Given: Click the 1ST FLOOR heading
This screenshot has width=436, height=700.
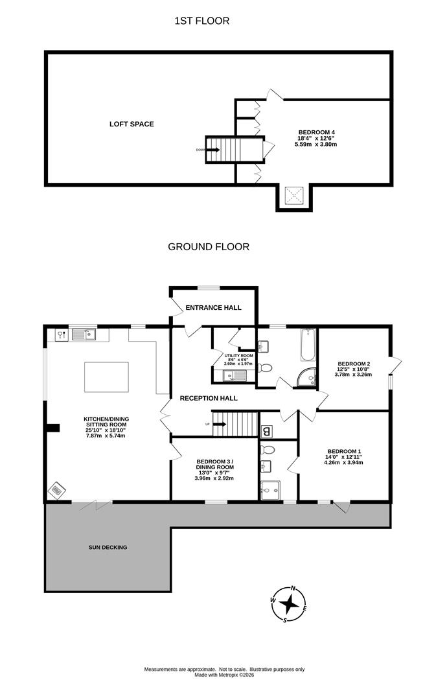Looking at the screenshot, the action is tap(201, 21).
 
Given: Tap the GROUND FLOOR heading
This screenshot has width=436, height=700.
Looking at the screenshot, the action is tap(209, 246).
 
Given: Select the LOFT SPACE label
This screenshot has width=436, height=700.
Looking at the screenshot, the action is tap(132, 124).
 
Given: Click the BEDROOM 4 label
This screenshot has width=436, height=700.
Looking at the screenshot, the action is tap(316, 132).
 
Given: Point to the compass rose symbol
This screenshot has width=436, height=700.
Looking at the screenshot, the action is tap(289, 604).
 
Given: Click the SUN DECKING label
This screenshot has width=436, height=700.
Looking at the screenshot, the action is tap(108, 547).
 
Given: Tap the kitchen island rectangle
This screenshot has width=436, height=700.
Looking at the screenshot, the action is tap(106, 377).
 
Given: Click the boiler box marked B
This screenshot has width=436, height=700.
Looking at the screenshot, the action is tap(266, 431).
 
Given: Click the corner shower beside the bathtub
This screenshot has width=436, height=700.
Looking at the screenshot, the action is tap(307, 377).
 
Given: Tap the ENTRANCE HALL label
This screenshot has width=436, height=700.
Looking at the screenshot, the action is tap(213, 308).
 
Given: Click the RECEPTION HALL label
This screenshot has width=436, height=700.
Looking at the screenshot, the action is tap(209, 398).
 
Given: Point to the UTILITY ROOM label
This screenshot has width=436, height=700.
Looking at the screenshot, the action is tap(239, 356).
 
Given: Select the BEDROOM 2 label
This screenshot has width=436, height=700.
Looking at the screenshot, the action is tap(354, 364).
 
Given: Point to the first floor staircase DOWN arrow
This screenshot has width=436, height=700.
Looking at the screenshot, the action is tap(212, 150).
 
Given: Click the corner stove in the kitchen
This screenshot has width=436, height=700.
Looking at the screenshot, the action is tap(56, 491).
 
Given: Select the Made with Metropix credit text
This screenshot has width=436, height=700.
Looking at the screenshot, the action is tap(224, 675).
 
